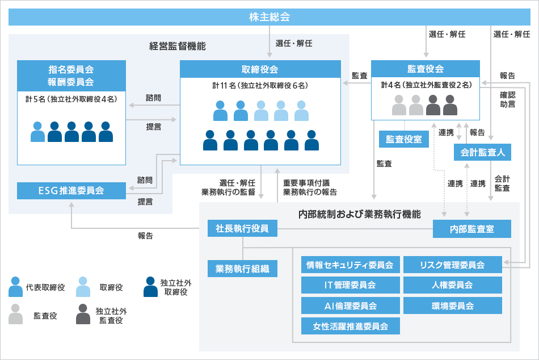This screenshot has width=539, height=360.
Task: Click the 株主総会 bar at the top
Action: (x=269, y=17)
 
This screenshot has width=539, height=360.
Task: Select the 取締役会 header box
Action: (x=260, y=69)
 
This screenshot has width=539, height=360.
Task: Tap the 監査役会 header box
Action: (x=425, y=69)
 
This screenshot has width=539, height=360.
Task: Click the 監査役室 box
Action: (x=404, y=139)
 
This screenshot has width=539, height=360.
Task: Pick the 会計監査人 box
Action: (x=483, y=152)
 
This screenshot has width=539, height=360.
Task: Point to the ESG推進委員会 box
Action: (x=71, y=191)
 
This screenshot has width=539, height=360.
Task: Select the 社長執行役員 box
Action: (x=242, y=229)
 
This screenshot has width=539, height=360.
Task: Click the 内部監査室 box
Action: (x=471, y=229)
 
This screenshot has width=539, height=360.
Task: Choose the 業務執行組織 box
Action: (x=242, y=268)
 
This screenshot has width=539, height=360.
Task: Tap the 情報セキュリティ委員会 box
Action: (x=350, y=265)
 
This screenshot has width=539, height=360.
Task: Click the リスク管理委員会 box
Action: (x=452, y=265)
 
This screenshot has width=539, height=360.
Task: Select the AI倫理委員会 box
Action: (x=350, y=305)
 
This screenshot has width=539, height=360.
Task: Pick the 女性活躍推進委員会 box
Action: (x=350, y=326)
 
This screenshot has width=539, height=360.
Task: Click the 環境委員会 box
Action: (x=452, y=305)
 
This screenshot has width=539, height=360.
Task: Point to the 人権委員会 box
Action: (x=452, y=285)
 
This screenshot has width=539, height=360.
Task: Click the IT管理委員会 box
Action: (x=350, y=285)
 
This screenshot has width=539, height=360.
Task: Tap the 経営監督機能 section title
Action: (x=178, y=46)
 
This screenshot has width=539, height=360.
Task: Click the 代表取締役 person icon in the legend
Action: (x=16, y=287)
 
